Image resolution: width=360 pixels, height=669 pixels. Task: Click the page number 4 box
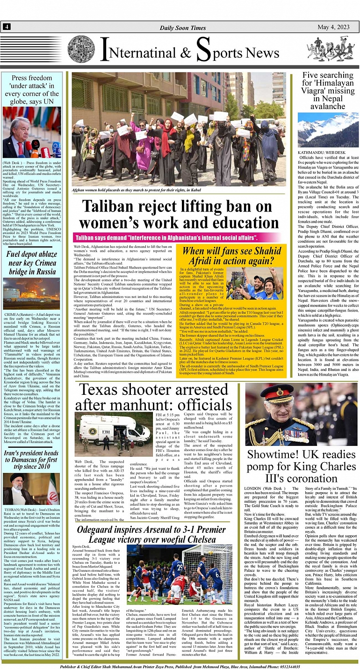(x=7, y=27)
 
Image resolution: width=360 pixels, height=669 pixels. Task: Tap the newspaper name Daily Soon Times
(x=183, y=28)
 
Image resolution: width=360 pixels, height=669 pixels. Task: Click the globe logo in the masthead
(x=81, y=49)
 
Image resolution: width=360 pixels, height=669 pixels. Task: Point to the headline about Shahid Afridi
(x=232, y=255)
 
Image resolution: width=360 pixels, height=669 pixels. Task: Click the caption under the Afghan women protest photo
(x=136, y=190)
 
